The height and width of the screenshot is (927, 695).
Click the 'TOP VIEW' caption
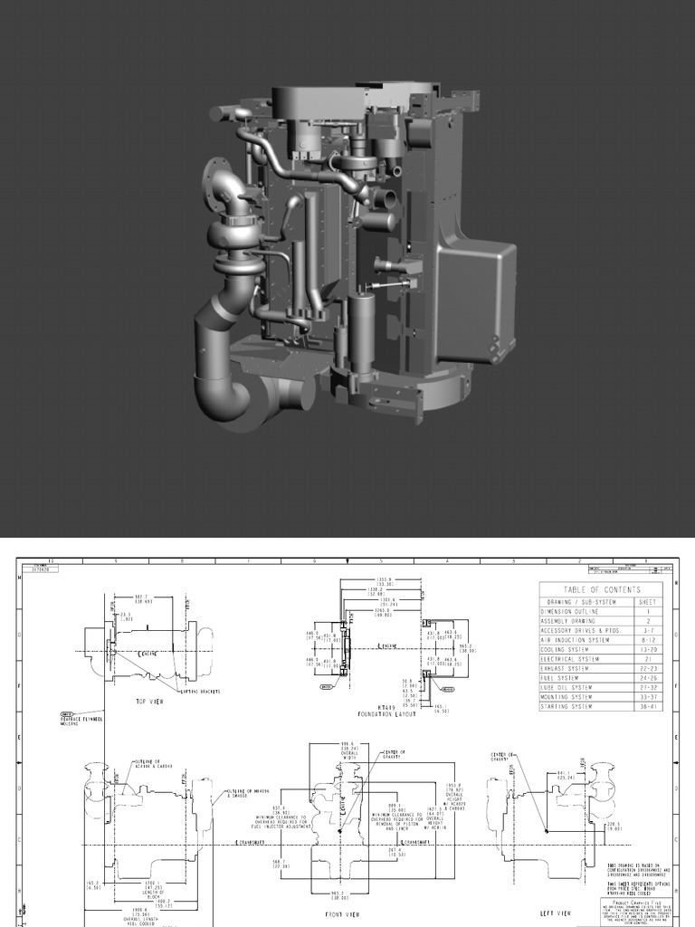148,701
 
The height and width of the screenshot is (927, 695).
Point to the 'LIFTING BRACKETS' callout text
200,691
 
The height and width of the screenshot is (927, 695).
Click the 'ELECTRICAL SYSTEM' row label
570,659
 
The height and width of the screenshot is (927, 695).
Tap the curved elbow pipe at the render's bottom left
217,394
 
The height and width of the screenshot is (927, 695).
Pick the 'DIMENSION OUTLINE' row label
570,612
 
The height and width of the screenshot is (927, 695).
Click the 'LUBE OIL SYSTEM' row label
566,687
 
